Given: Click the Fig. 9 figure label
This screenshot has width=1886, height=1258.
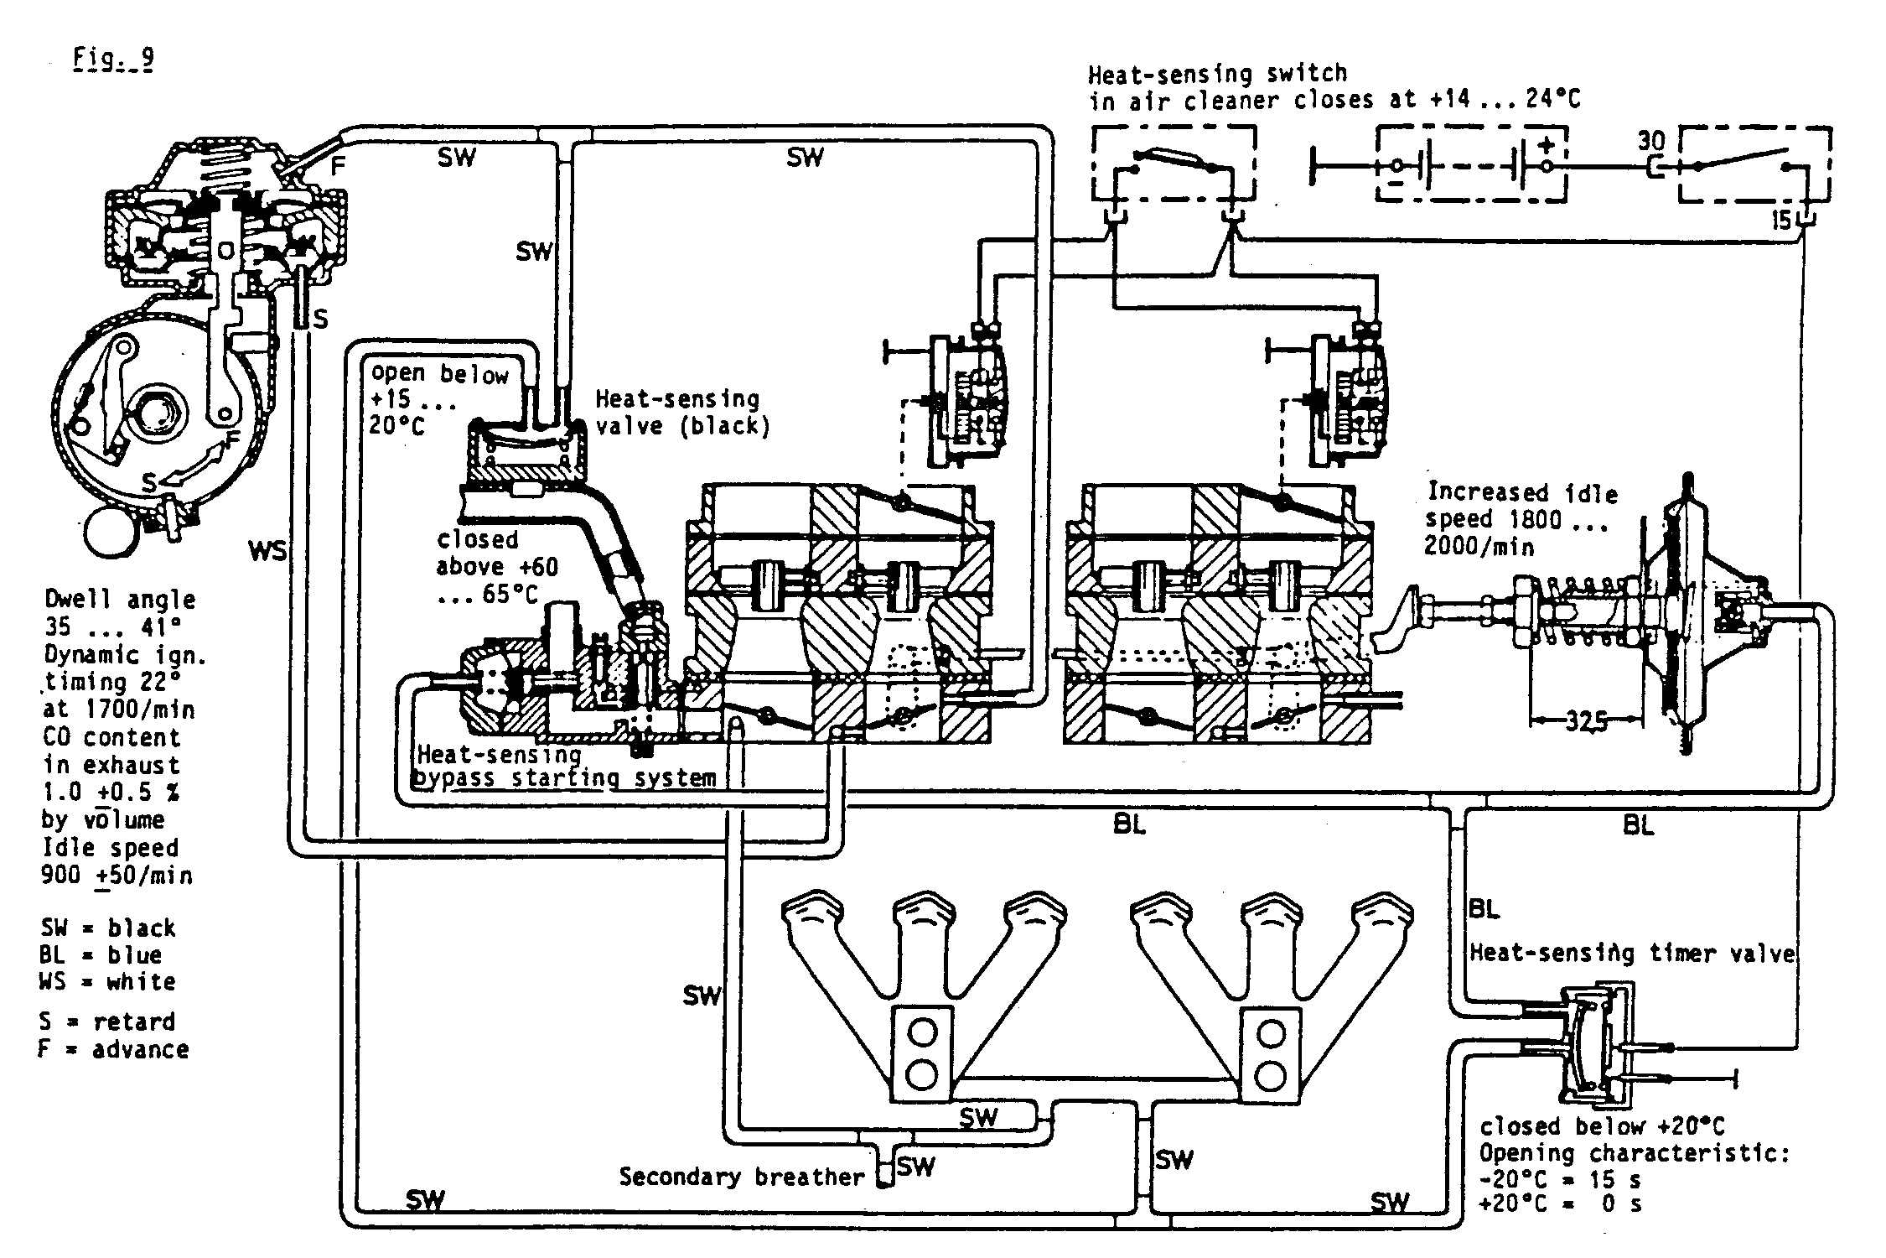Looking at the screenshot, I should point(113,60).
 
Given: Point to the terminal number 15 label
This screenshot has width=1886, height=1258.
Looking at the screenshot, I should point(1781,221).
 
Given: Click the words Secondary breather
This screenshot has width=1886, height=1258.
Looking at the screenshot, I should point(741,1177).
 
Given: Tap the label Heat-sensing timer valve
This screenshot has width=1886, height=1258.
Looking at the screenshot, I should point(1632,953).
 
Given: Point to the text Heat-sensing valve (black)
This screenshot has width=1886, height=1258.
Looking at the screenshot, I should point(681,412).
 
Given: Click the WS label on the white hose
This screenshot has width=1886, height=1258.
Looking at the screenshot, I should point(267,551).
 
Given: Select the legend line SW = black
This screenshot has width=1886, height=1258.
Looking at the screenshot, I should point(108,928).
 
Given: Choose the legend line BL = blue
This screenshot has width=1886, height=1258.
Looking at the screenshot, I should point(101,954).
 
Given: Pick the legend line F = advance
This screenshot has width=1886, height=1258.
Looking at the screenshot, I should point(113,1049).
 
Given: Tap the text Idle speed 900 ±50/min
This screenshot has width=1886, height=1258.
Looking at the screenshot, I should point(116,861).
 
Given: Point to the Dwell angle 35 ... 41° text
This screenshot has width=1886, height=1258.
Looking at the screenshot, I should point(120,613).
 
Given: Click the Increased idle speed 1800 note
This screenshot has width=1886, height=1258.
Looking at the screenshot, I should point(1520,518).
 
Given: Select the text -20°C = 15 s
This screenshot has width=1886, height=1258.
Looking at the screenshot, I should point(1560,1179).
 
